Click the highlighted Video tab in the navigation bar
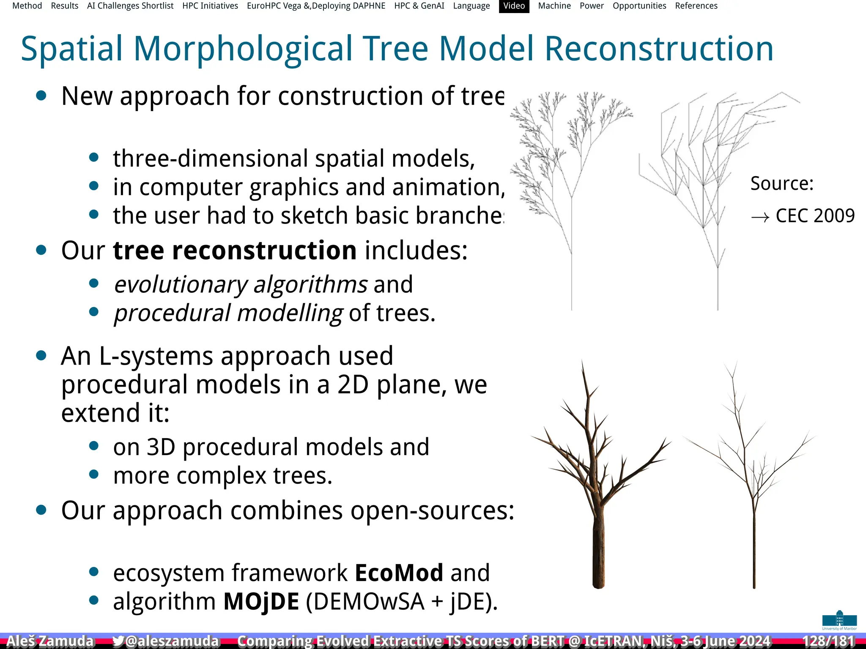point(514,6)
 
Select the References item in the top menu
point(696,6)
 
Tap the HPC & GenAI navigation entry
point(419,6)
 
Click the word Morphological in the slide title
point(243,49)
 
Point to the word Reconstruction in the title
point(659,49)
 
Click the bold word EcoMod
point(399,573)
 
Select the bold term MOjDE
point(261,602)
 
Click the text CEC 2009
point(815,216)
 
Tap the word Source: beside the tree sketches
point(782,184)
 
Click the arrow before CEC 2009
point(760,218)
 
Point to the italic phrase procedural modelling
point(228,314)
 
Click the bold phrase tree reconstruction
point(235,250)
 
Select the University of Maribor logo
point(839,620)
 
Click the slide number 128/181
point(828,641)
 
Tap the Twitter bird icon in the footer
point(118,641)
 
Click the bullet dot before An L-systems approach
point(41,356)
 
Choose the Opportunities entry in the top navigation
point(639,6)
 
